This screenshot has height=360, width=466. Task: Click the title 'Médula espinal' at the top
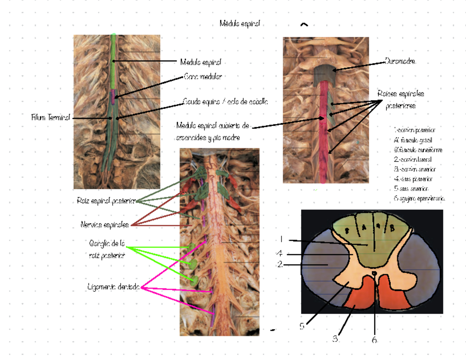tap(239, 24)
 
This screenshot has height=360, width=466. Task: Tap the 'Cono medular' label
tap(202, 77)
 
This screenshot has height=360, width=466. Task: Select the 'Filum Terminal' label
tap(51, 118)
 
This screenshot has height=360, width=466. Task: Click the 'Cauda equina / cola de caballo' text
tap(225, 102)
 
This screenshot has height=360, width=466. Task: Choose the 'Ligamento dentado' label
tap(114, 287)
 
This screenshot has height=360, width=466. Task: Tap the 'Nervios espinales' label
tap(105, 225)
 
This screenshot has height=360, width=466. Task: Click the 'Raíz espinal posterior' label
tap(106, 201)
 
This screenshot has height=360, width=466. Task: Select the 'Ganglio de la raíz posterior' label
tap(107, 249)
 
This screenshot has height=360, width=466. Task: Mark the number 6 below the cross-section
tap(374, 340)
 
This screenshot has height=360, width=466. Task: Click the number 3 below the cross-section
tap(335, 339)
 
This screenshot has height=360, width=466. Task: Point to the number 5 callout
tap(302, 326)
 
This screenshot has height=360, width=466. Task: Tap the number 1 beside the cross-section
tap(280, 239)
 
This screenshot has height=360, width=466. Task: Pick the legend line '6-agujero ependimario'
tap(419, 199)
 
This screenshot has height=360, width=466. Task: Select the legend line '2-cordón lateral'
tap(413, 159)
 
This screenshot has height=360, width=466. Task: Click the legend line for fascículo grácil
tap(413, 140)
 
